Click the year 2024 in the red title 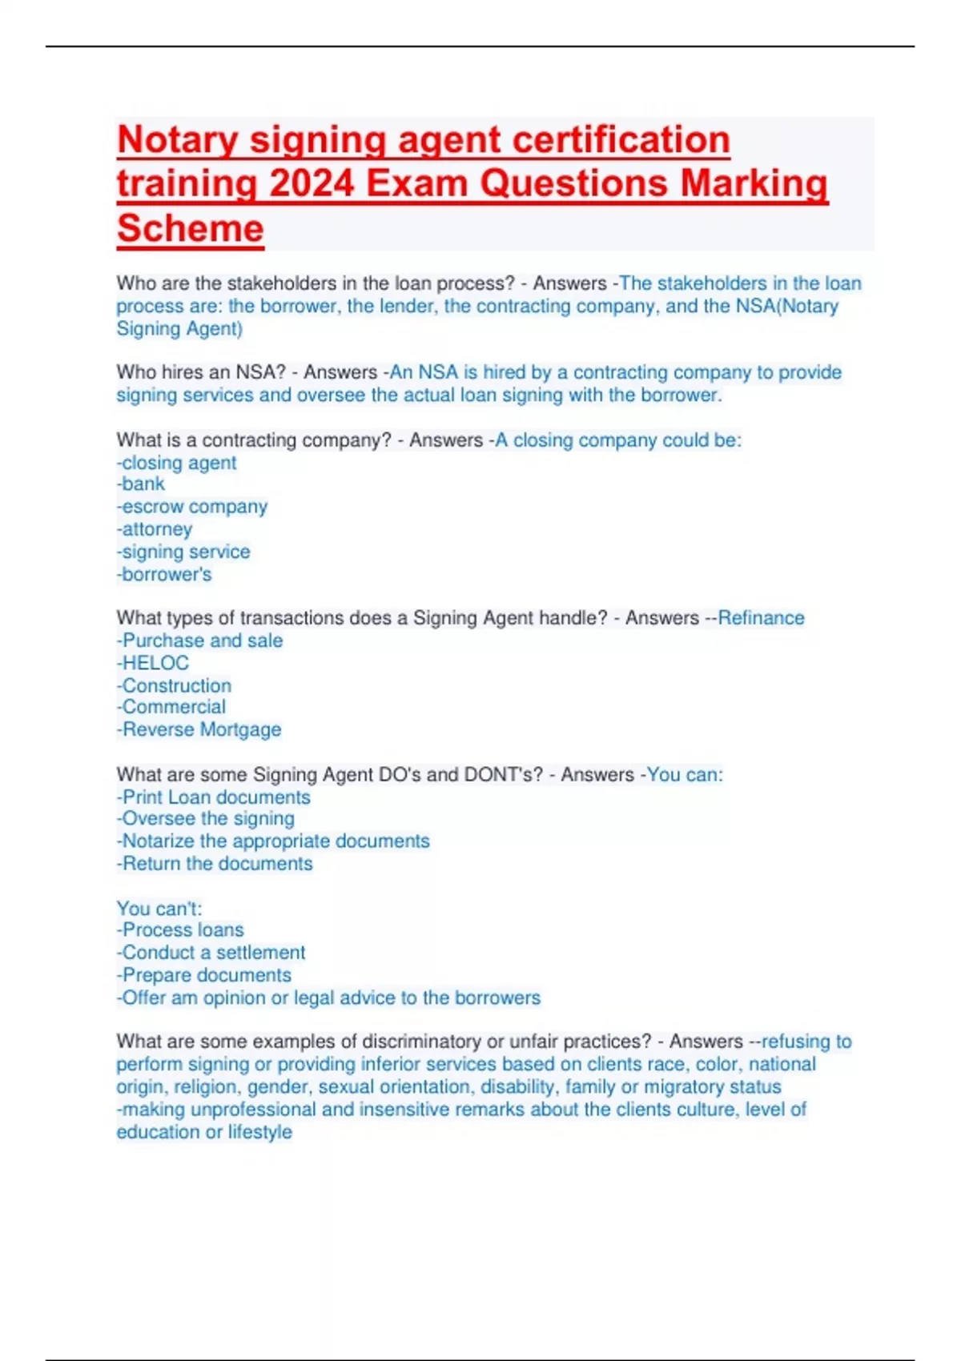312,183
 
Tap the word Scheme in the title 190,228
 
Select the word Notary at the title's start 177,140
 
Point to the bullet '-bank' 141,484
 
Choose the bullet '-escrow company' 192,507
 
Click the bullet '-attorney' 155,529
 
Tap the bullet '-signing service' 183,552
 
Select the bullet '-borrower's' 164,574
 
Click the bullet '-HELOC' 153,663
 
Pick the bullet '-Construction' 174,685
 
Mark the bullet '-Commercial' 171,707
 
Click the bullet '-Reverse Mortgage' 199,729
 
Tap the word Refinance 761,618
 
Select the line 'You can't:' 159,908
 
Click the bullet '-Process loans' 180,929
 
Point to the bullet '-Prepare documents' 204,975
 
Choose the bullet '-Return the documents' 215,864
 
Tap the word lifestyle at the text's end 259,1132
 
